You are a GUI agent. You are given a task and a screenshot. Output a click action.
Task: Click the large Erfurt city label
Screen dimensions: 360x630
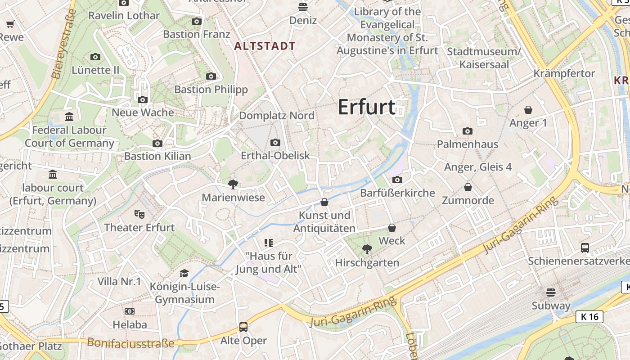pos(366,107)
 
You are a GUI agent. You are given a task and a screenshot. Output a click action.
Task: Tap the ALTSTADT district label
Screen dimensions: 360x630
pos(265,46)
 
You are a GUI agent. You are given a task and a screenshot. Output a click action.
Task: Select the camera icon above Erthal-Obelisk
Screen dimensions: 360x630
pos(275,143)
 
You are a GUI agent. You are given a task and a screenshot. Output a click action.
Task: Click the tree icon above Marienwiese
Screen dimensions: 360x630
pos(233,184)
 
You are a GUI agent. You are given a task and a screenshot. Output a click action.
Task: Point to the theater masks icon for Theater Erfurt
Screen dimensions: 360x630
pos(139,214)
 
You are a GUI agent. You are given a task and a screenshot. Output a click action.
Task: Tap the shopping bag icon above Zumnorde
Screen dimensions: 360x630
pos(468,187)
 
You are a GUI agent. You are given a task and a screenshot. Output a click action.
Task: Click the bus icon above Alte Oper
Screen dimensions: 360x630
pos(243,327)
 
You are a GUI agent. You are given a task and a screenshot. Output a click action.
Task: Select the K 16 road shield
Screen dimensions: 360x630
pos(589,317)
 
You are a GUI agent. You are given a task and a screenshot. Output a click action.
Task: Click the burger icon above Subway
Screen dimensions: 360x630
pos(551,292)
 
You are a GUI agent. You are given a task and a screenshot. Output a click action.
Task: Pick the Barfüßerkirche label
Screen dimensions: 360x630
pos(398,193)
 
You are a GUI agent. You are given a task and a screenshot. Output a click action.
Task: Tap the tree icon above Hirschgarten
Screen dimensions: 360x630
pos(367,249)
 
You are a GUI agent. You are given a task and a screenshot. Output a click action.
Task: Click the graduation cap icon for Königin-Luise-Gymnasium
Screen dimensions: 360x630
pos(184,274)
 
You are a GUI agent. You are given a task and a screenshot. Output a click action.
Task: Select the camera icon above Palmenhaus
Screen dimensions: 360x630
pos(468,131)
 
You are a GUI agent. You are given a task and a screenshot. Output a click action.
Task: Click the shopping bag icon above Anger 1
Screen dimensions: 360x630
pos(528,110)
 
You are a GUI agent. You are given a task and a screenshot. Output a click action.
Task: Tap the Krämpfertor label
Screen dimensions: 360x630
pos(564,73)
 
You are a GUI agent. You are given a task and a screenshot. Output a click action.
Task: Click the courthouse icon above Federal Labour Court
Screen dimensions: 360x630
pos(69,117)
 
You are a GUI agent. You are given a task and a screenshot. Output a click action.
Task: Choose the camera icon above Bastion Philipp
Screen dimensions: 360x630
pos(211,76)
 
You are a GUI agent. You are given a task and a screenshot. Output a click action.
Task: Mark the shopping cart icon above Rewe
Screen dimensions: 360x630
pos(10,24)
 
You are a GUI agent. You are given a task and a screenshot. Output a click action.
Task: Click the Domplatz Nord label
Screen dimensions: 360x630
pos(277,116)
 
